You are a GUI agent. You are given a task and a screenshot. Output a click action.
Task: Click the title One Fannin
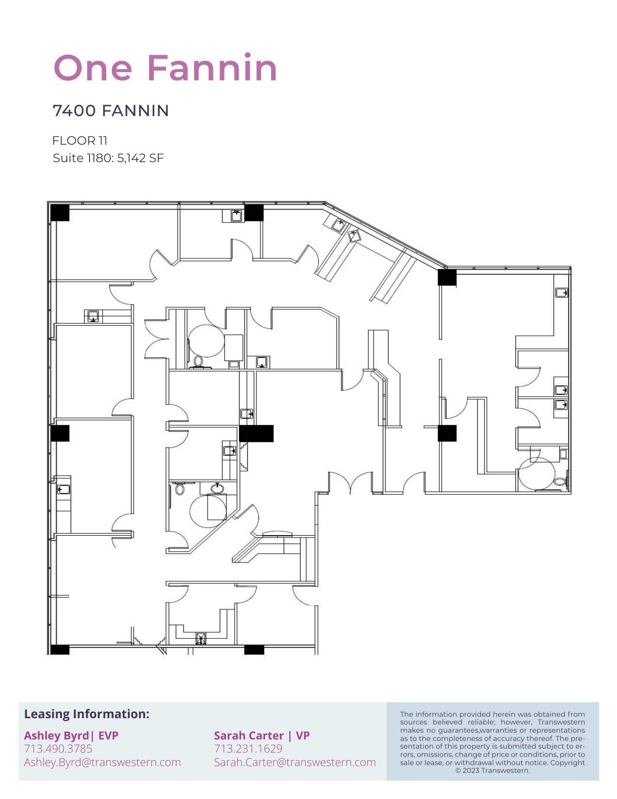(165, 67)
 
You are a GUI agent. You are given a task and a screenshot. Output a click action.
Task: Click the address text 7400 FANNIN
(111, 110)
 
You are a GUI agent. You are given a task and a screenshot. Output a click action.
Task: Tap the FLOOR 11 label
(80, 141)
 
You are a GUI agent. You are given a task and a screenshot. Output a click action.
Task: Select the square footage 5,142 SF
(140, 158)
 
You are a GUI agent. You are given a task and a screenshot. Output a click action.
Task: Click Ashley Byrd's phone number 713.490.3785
(58, 749)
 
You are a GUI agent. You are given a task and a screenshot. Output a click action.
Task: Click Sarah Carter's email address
(295, 762)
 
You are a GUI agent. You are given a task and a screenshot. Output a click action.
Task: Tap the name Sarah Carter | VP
(262, 736)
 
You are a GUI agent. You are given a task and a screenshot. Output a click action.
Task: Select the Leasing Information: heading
(87, 714)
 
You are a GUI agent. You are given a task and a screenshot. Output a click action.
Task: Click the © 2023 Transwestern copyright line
(492, 770)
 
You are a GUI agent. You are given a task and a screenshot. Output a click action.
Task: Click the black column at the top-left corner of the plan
(60, 212)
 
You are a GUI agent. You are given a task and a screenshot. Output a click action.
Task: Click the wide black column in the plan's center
(256, 433)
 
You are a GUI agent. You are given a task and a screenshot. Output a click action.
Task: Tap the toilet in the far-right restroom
(560, 482)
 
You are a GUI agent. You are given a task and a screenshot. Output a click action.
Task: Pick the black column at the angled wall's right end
(447, 277)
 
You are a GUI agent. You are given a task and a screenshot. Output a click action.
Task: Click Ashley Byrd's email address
(102, 762)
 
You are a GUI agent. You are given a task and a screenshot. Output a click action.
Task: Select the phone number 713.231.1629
(248, 749)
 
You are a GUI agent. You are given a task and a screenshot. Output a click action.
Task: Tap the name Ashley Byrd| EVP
(71, 736)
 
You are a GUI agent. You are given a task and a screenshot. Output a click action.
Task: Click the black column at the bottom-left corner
(60, 649)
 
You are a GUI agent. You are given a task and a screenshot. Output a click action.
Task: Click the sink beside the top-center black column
(236, 216)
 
